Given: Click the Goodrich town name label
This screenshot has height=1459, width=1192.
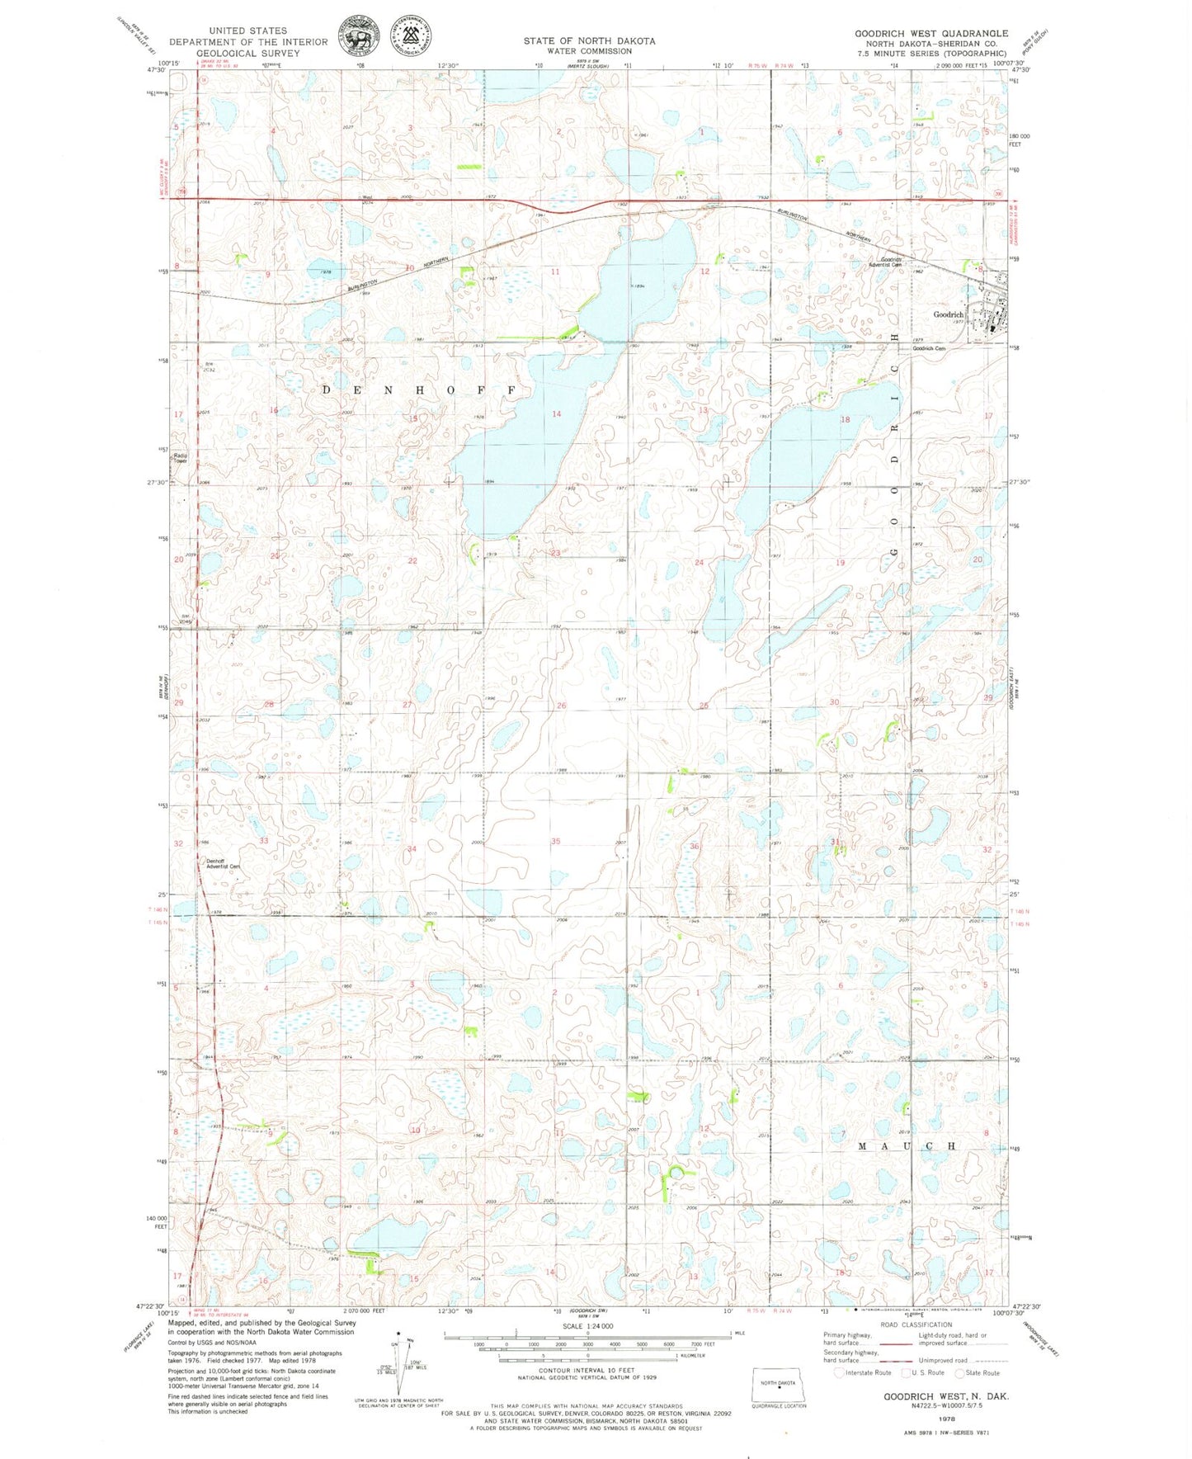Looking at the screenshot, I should (x=948, y=314).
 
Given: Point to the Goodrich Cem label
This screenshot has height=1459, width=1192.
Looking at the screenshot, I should (x=928, y=348).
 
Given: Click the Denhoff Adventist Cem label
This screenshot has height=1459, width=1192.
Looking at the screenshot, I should (x=222, y=863).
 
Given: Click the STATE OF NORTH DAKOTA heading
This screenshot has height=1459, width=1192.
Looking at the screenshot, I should (x=589, y=40).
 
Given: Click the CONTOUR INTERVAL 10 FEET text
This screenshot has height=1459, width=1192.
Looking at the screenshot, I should (x=587, y=1371).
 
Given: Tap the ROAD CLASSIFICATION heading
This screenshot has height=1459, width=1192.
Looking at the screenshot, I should (x=916, y=1324).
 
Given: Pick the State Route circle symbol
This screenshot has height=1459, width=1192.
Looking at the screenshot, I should (x=959, y=1373).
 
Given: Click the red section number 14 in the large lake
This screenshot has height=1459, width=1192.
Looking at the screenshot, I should (x=557, y=414).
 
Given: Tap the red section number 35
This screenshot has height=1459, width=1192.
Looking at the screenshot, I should (x=556, y=842).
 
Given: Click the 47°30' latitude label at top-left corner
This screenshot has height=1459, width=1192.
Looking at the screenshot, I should (x=156, y=71).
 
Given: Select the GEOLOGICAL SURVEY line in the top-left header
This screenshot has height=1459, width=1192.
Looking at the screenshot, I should (x=248, y=53).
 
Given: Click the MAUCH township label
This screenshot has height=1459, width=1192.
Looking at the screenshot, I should (x=907, y=1146).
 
